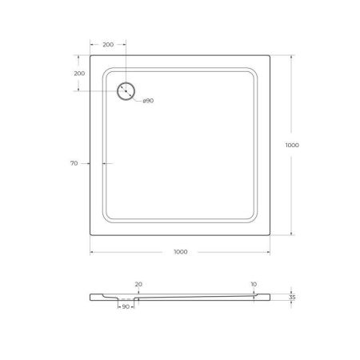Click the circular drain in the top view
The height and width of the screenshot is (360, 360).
[126, 92]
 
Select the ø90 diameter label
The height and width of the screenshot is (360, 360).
[148, 102]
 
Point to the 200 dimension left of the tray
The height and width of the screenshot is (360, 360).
[79, 74]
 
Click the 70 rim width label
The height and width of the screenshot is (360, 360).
[74, 163]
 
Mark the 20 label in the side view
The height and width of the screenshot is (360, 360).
[138, 283]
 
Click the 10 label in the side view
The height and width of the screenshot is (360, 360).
[254, 283]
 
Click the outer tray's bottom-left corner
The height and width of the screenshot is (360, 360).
[89, 237]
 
